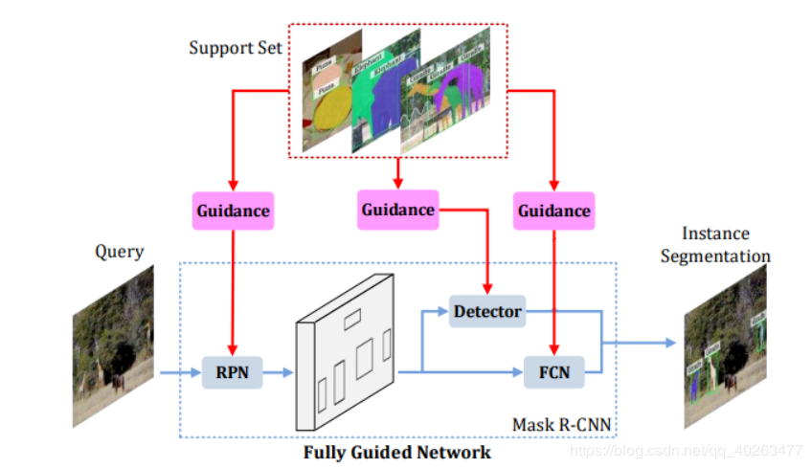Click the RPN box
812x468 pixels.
[233, 372]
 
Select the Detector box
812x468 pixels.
[487, 311]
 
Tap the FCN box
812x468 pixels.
[553, 372]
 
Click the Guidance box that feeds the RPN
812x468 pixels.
[234, 210]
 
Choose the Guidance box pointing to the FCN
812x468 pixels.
[553, 210]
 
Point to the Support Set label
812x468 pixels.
[236, 48]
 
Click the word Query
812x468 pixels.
[119, 252]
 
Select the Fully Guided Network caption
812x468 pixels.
[397, 452]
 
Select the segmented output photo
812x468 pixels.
[726, 350]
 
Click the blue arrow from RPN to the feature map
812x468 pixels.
[278, 372]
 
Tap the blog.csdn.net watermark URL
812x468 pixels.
[686, 450]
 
